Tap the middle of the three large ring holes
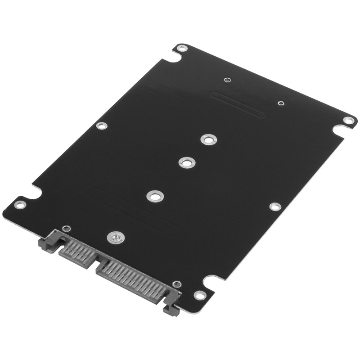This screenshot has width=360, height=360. [x=187, y=162]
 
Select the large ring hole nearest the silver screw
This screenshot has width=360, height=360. [x=155, y=196]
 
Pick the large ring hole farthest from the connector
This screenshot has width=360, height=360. [x=207, y=139]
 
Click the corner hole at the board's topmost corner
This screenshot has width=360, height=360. [x=181, y=48]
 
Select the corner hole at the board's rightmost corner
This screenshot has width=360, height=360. [x=348, y=120]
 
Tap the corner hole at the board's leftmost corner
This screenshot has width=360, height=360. [x=19, y=205]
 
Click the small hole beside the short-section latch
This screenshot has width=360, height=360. [x=67, y=229]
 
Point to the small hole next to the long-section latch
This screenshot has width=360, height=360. [x=177, y=284]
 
